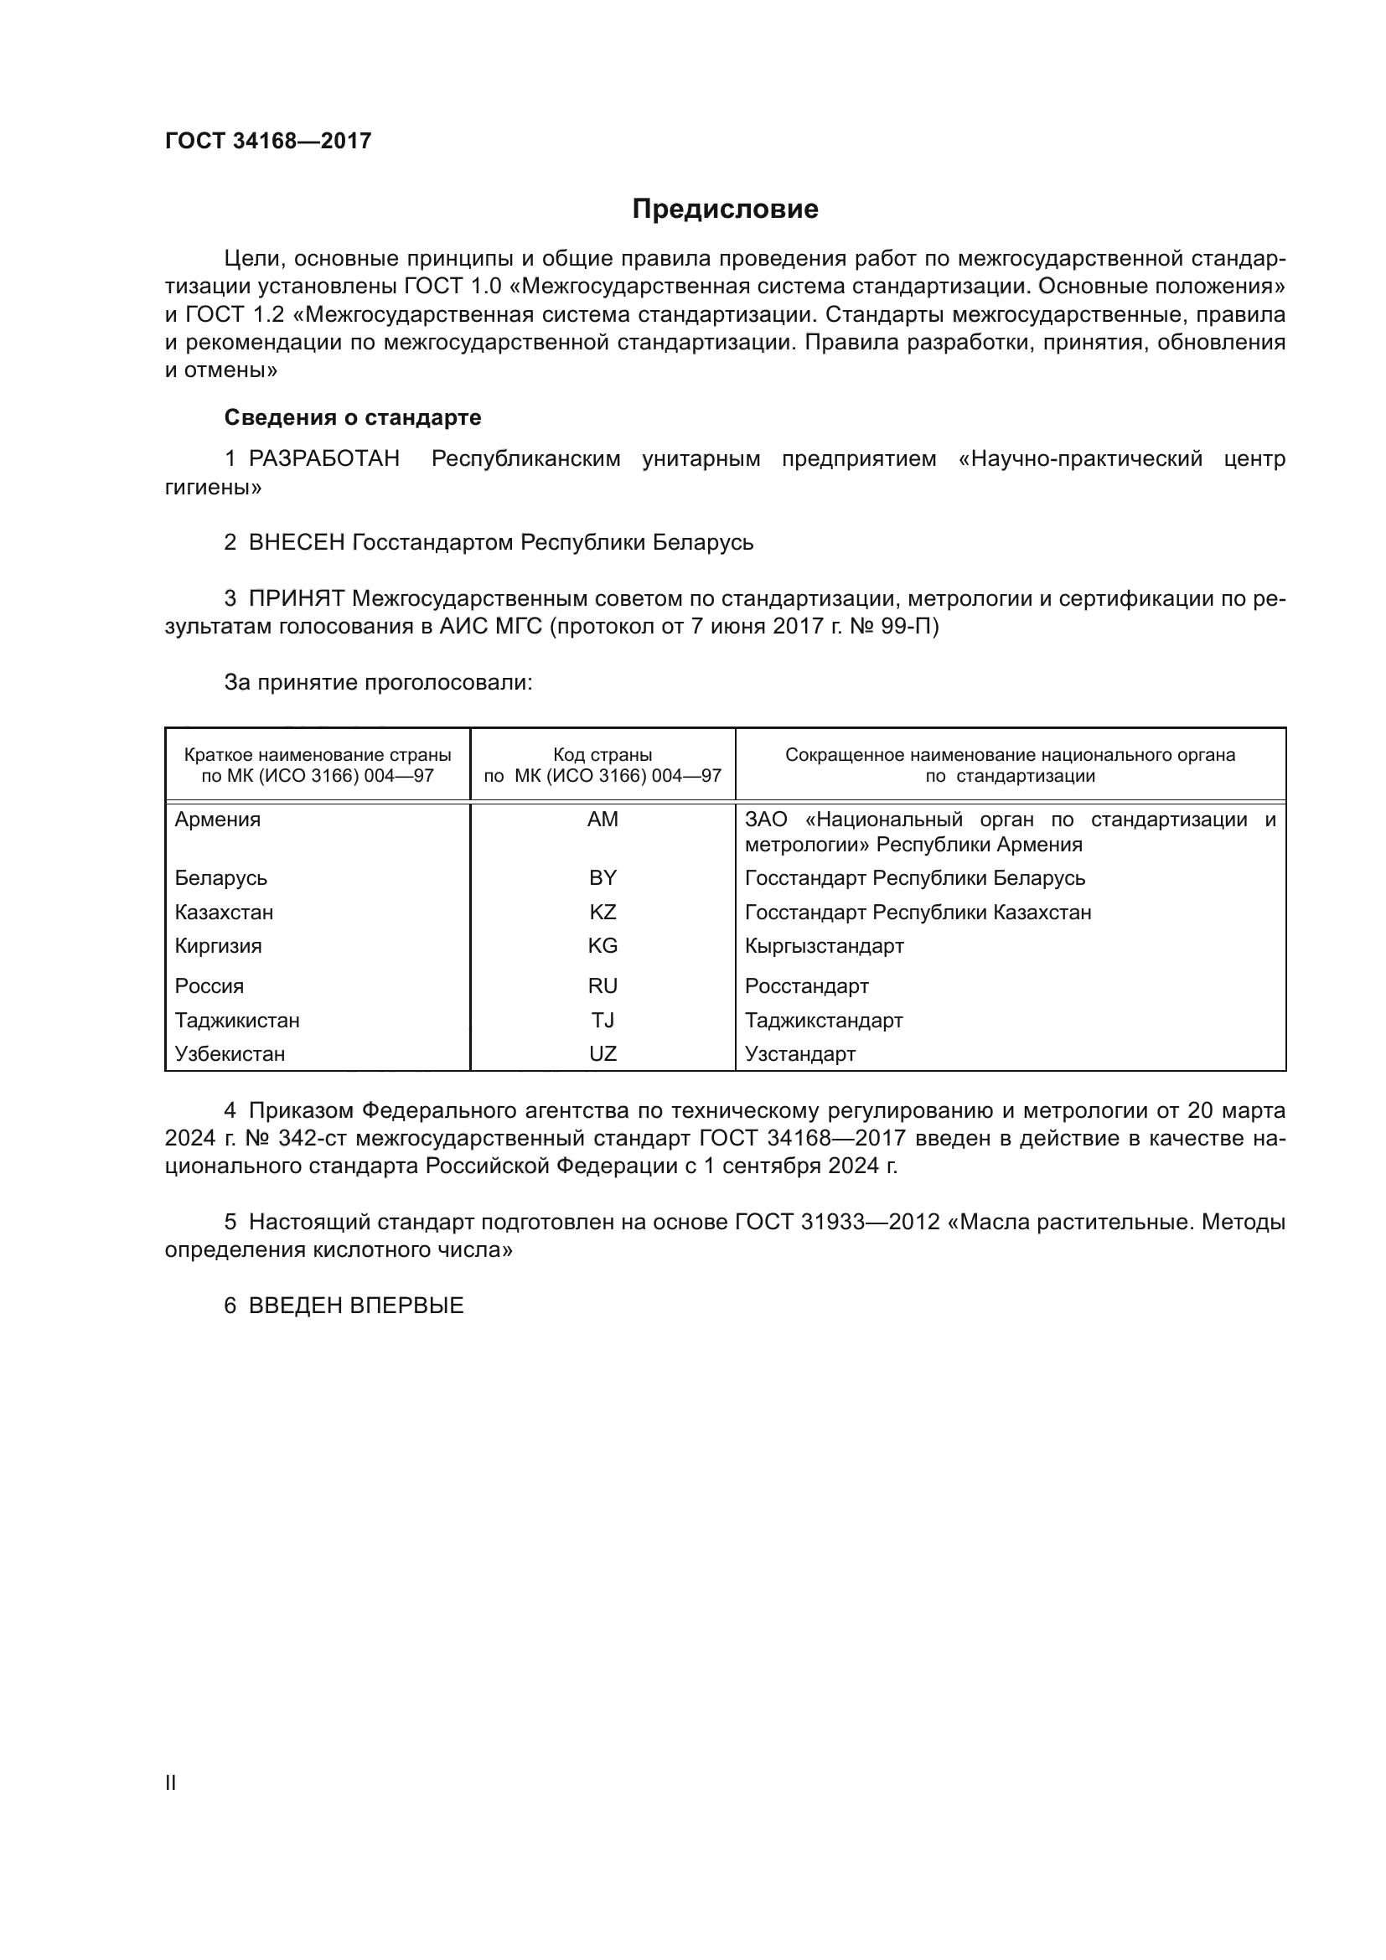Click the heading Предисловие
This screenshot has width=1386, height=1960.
tap(725, 209)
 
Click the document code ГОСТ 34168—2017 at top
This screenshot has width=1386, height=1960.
tap(268, 141)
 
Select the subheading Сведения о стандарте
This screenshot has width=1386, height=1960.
tap(353, 417)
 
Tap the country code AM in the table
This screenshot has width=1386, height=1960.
tap(602, 820)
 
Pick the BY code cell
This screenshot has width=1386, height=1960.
tap(602, 877)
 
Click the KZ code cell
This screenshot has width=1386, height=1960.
tap(602, 912)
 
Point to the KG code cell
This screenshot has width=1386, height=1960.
tap(602, 946)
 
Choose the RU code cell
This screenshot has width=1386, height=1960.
tap(602, 986)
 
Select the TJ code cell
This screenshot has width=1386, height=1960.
tap(602, 1020)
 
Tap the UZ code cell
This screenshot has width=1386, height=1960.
tap(602, 1053)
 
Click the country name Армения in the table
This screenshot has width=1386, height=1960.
tap(218, 820)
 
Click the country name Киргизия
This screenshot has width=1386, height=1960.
tap(219, 946)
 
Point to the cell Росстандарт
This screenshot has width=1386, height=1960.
tap(806, 986)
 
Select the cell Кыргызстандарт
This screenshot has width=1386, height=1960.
tap(824, 946)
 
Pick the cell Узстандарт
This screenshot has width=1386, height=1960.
tap(799, 1053)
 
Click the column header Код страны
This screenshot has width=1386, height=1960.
tap(602, 755)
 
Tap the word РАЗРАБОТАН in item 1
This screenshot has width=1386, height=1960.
tap(324, 459)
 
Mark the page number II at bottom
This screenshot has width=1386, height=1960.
tap(171, 1782)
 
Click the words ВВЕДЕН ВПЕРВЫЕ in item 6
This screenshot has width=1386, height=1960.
tap(356, 1306)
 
